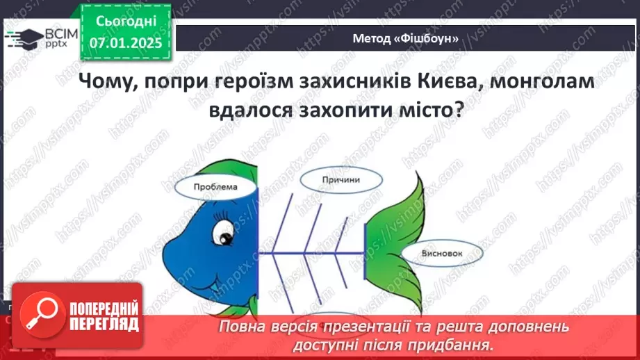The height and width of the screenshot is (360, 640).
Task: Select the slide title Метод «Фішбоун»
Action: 406,39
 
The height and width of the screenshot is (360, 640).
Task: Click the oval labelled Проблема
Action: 215,187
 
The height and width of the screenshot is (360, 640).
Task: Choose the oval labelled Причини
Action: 340,179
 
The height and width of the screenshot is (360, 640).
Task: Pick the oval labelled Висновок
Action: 441,254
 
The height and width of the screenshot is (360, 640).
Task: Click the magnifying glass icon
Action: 38,314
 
